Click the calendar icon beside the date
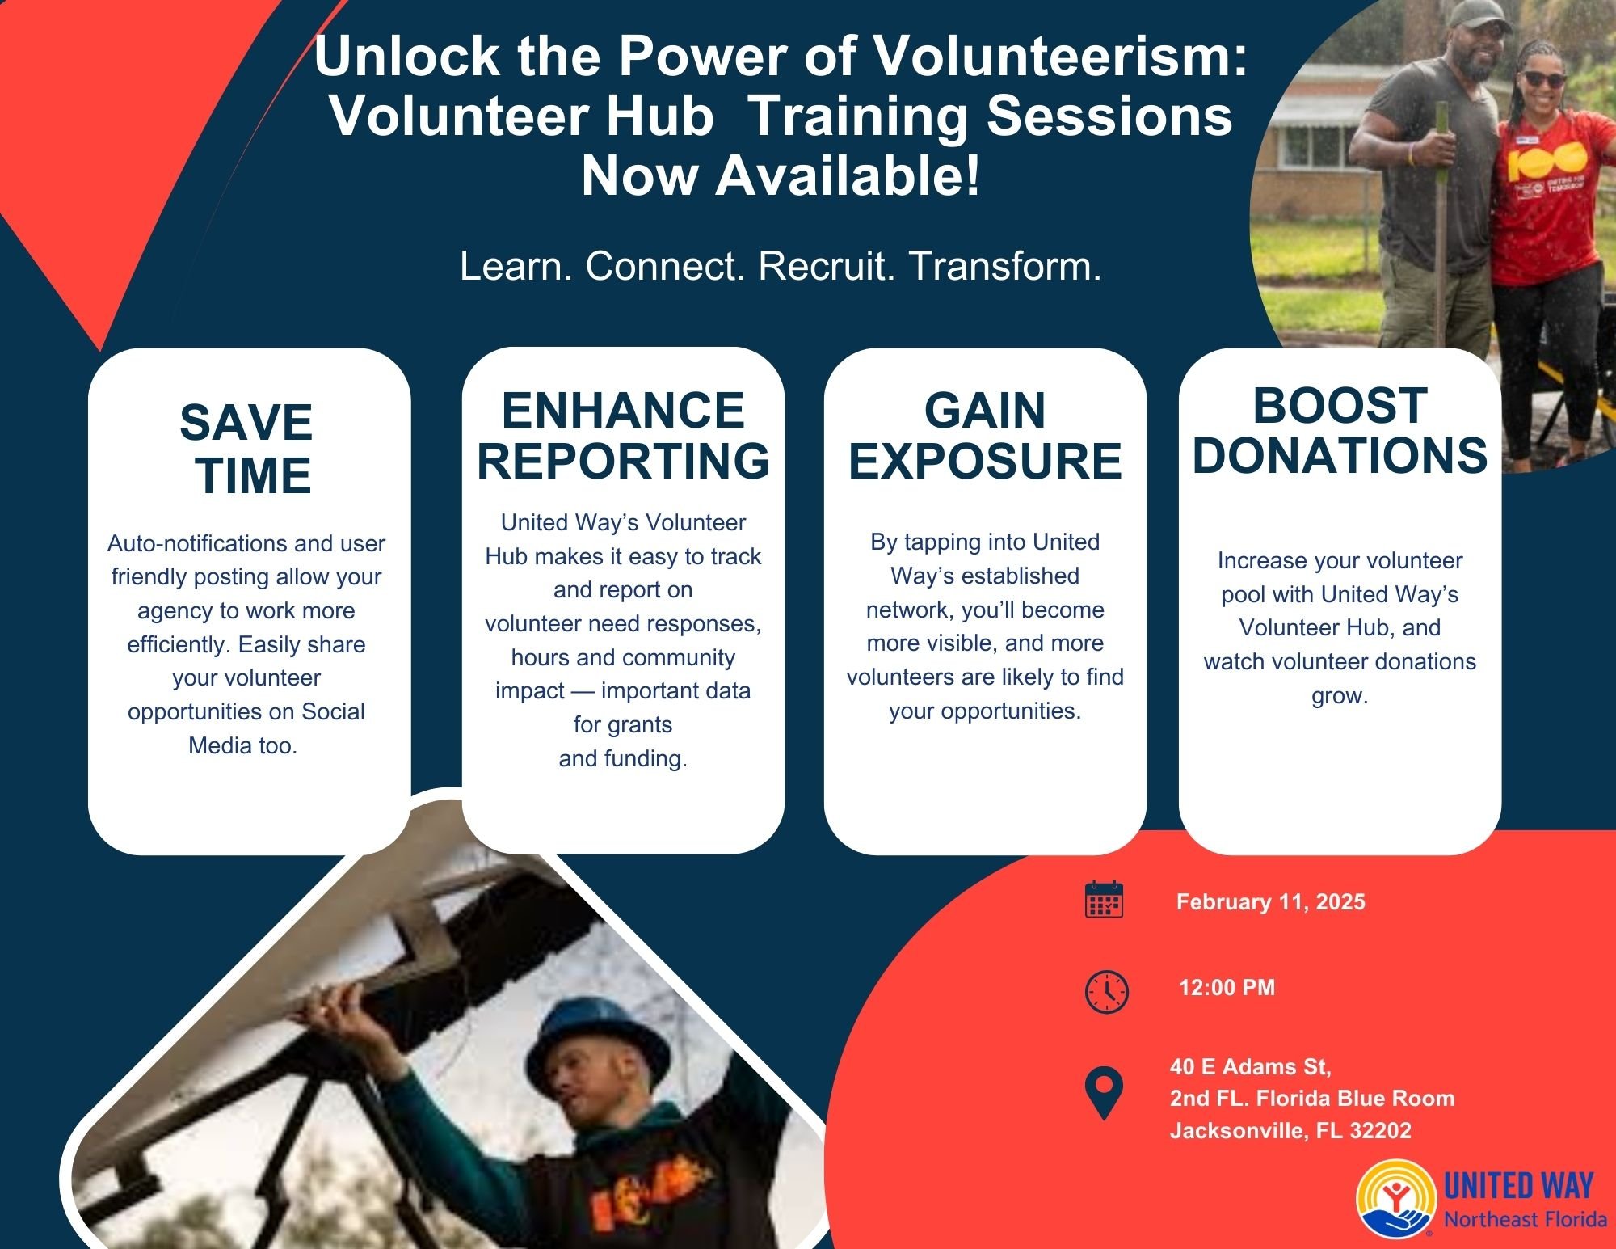coord(1104,899)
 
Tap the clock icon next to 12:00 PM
coord(1106,991)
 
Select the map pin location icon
coord(1105,1093)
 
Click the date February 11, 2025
coord(1270,902)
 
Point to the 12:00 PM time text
coord(1227,987)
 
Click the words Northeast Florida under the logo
coord(1525,1218)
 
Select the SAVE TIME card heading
coord(246,449)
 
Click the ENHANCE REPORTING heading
coord(623,435)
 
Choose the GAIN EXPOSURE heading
coord(985,435)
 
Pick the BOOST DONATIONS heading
coord(1340,430)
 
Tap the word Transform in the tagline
coord(1005,266)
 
